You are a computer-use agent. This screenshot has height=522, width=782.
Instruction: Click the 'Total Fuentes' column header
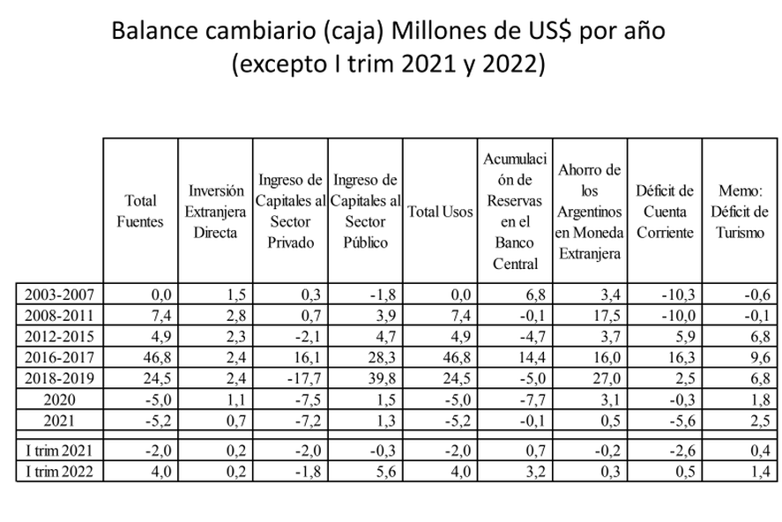coord(140,212)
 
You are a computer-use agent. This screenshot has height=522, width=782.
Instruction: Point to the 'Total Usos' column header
coord(440,212)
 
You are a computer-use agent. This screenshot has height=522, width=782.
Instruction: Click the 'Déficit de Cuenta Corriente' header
coord(665,212)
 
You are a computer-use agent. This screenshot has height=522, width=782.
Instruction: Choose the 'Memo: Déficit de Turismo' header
coord(739,212)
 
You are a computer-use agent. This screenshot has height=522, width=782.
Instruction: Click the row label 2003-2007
coord(59,294)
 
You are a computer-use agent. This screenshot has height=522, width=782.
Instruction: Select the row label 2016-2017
coord(59,355)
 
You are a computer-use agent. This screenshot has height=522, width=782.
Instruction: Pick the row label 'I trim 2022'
coord(59,471)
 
